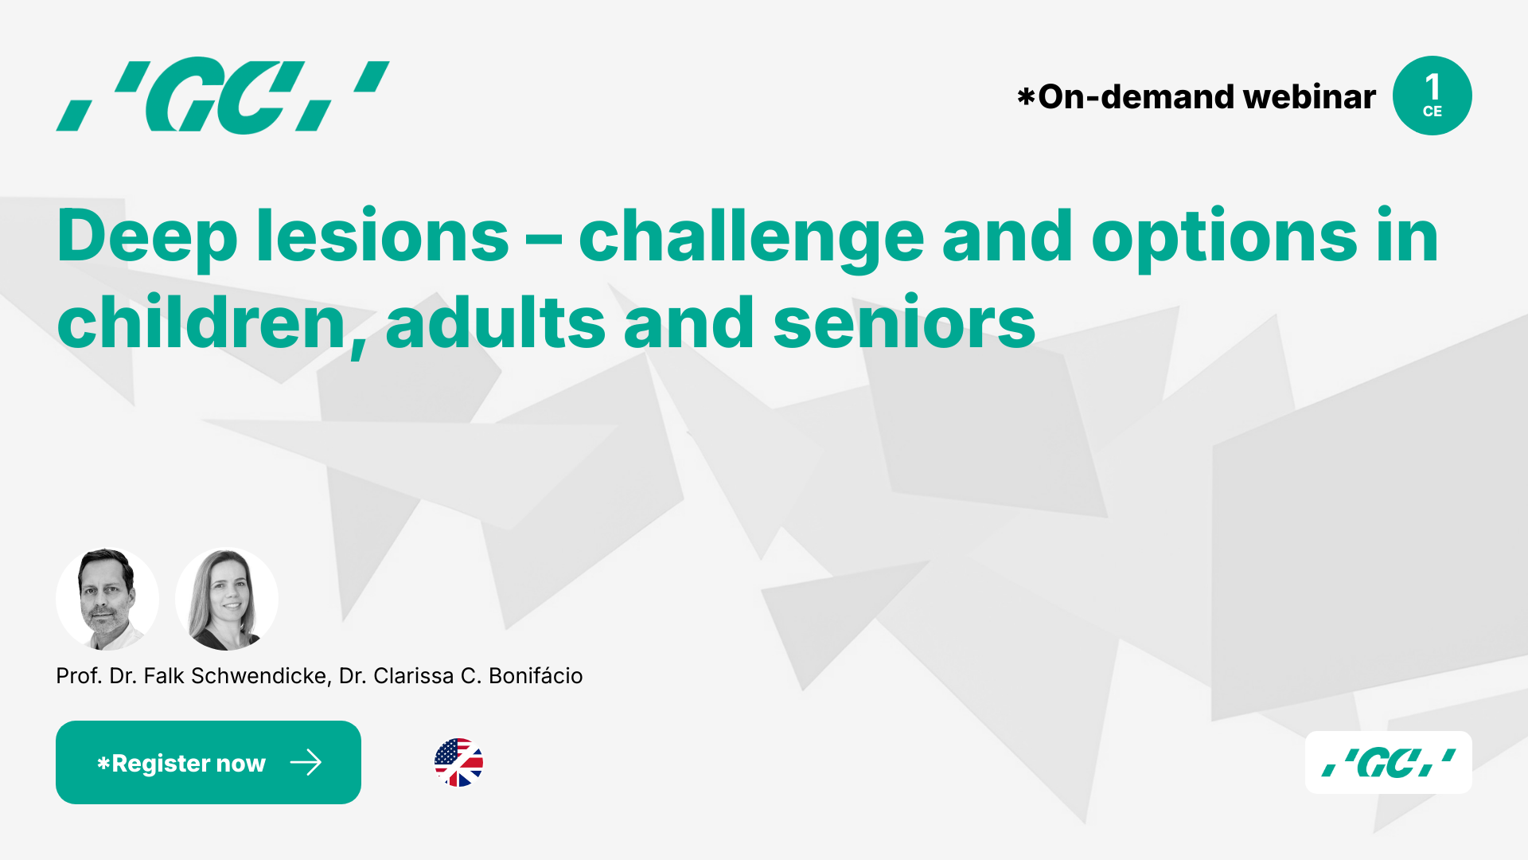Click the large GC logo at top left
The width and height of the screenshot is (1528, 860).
point(223,96)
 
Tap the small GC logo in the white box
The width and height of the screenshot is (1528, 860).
point(1389,763)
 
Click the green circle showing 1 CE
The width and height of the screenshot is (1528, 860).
point(1432,96)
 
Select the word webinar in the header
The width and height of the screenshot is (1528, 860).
point(1309,97)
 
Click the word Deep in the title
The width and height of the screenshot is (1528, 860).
point(147,236)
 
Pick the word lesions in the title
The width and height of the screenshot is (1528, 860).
point(382,236)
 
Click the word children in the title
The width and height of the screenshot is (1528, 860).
point(201,322)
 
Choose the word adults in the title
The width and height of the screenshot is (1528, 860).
point(495,322)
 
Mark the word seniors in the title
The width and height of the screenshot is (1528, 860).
point(904,322)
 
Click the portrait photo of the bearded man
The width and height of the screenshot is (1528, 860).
point(107,599)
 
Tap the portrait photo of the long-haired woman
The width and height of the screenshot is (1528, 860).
point(227,599)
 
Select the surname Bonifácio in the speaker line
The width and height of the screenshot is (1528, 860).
point(536,676)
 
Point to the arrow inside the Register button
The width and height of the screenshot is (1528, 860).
point(306,763)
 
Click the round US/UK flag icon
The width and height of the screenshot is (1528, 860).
point(458,763)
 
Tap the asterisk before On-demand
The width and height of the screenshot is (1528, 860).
point(1026,97)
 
